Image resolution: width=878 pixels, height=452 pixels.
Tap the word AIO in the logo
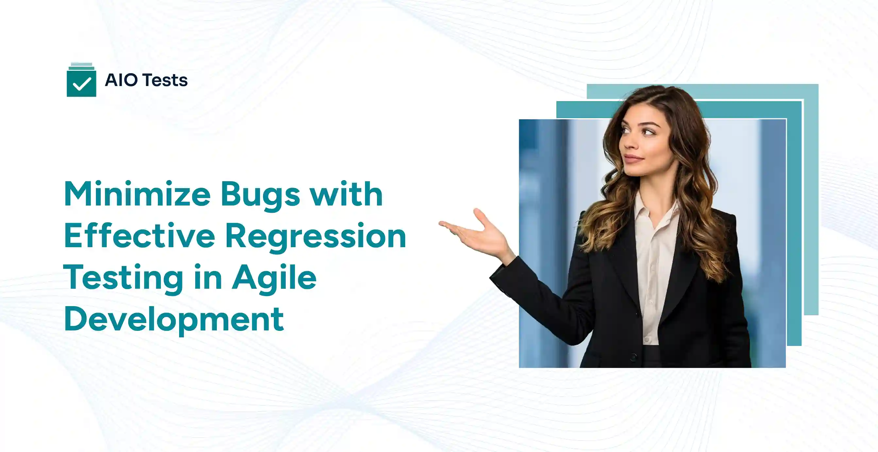pyautogui.click(x=121, y=80)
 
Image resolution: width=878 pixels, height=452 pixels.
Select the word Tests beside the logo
pyautogui.click(x=165, y=80)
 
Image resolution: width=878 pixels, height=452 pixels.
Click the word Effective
pyautogui.click(x=139, y=236)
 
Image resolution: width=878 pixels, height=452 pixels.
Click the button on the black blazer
pyautogui.click(x=633, y=357)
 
